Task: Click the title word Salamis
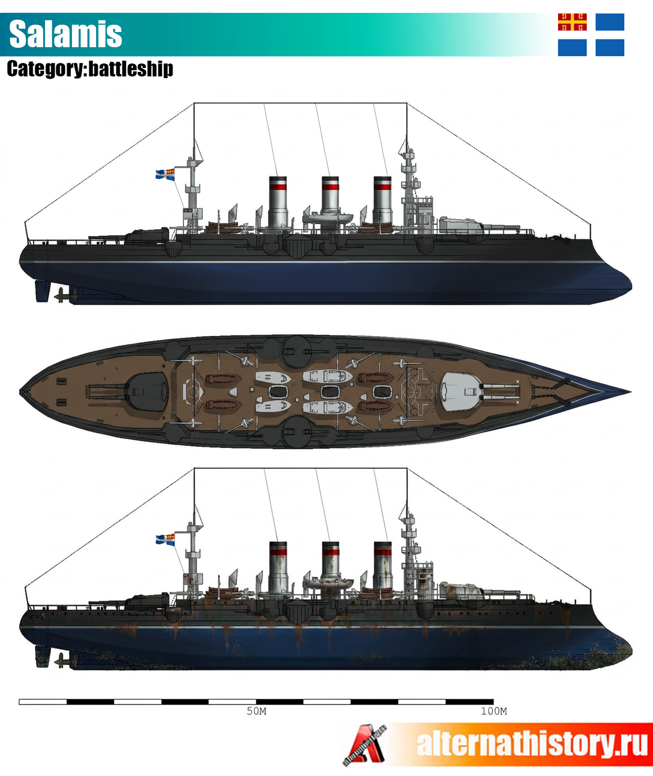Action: click(66, 34)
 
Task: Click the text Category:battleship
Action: click(90, 69)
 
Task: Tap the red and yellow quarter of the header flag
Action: click(572, 22)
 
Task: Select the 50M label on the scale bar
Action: click(256, 711)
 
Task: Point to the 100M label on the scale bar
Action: click(494, 711)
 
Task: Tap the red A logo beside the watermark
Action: click(365, 745)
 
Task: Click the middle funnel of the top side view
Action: click(330, 202)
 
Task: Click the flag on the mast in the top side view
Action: click(165, 174)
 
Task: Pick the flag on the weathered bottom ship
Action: click(165, 539)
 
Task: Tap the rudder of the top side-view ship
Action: click(42, 291)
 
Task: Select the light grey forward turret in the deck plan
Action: click(461, 392)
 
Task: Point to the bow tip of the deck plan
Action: click(631, 392)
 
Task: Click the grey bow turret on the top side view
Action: click(461, 225)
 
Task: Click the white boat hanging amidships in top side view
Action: click(328, 218)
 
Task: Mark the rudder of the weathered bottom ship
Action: click(42, 656)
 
